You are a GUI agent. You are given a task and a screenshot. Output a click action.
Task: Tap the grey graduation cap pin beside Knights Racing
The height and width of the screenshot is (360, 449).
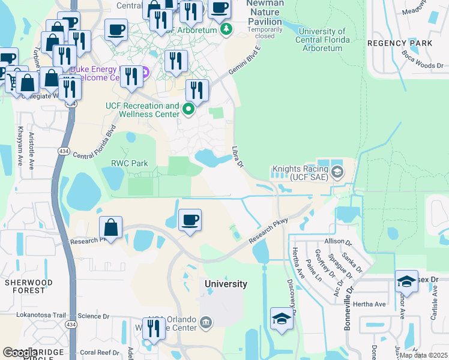(x=337, y=173)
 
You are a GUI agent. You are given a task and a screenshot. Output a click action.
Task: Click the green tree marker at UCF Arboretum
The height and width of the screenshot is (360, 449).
(x=226, y=29)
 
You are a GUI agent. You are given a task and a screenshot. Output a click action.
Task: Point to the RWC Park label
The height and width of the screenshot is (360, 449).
(x=129, y=163)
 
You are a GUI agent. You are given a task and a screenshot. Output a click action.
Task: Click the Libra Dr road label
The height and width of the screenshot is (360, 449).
(x=238, y=157)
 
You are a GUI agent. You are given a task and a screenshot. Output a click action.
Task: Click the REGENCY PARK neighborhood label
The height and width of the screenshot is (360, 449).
(x=400, y=43)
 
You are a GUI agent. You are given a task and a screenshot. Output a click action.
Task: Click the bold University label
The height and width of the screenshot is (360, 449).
(x=226, y=284)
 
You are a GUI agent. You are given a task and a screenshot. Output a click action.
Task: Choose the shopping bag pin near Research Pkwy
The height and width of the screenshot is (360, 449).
(x=111, y=227)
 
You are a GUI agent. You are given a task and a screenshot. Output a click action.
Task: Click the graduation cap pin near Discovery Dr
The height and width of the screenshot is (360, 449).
(x=282, y=318)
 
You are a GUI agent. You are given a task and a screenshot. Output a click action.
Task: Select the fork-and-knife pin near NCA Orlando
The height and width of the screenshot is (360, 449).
(x=154, y=328)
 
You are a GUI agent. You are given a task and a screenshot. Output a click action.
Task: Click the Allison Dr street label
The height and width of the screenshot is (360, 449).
(x=337, y=242)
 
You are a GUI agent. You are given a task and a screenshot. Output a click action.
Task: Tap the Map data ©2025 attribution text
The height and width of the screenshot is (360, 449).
(x=423, y=355)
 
